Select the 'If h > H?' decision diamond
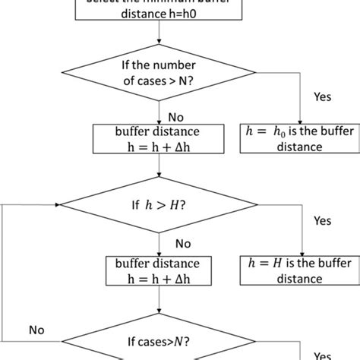coord(159,205)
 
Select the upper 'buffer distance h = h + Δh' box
coord(159,137)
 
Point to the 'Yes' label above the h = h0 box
coord(323,97)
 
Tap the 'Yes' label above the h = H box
coord(323,221)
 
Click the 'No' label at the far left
coord(36,330)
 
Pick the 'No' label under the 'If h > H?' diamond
coord(183,245)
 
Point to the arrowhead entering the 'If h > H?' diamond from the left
coord(56,205)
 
